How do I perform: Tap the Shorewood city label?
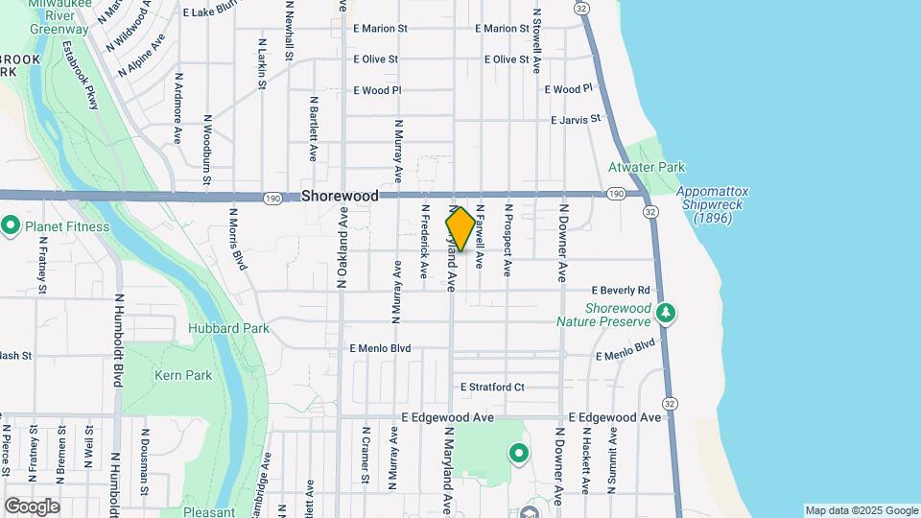(x=340, y=195)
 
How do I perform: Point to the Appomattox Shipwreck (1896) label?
(x=712, y=205)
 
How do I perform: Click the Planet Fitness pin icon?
(x=11, y=226)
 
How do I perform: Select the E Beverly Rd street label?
(x=621, y=290)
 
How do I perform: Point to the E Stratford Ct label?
(x=492, y=388)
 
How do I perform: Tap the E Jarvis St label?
(x=575, y=120)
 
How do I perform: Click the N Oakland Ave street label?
(x=341, y=249)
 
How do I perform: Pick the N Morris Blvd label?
(x=237, y=238)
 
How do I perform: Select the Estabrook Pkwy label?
(x=81, y=75)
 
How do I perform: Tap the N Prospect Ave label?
(x=508, y=241)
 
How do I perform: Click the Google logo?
(x=32, y=506)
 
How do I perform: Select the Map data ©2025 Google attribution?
(x=862, y=510)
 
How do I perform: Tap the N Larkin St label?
(x=262, y=64)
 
